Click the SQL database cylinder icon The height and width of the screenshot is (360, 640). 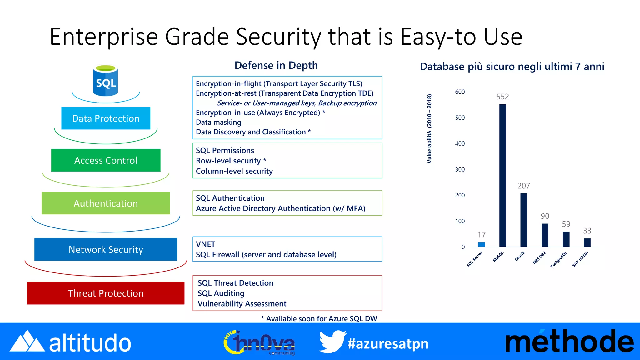(106, 81)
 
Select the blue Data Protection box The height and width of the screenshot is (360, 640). (106, 118)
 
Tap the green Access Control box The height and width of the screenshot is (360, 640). (106, 160)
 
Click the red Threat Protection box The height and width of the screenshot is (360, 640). (106, 293)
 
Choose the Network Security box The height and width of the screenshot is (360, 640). (106, 249)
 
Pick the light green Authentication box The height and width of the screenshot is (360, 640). (106, 203)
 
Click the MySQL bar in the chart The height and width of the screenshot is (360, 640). (502, 175)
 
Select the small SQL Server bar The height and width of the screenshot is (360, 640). (482, 244)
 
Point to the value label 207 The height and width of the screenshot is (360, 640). (524, 186)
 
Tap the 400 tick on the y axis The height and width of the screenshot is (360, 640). (460, 143)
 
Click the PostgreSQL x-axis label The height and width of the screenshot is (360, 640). (558, 260)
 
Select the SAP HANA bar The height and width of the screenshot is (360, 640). (587, 242)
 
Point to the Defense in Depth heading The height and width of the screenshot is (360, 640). (276, 65)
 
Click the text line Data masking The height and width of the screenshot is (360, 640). (218, 122)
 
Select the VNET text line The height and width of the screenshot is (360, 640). (206, 244)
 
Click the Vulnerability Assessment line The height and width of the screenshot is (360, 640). (242, 304)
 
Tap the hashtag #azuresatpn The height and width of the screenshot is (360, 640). (388, 344)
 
